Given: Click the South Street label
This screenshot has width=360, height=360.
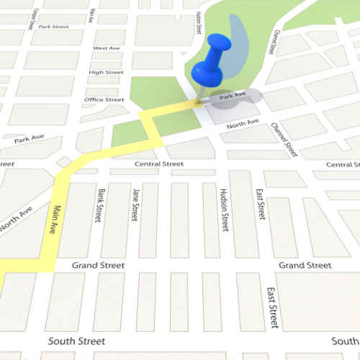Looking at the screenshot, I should coord(76,341).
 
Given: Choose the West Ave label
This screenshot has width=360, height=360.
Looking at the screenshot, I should coord(107,48).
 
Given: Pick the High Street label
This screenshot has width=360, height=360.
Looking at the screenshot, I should coord(106,73).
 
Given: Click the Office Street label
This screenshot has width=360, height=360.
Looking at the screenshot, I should coord(104,99).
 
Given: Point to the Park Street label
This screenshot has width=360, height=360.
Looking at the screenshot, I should coord(54,27).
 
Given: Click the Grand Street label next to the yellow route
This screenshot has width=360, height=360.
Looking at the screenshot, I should coord(98,266).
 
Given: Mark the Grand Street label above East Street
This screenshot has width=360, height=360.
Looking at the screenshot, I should coord(305,266).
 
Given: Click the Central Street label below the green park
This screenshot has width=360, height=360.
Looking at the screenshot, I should coord(159,164).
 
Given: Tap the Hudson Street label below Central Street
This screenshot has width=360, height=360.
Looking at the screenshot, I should coord(224,210).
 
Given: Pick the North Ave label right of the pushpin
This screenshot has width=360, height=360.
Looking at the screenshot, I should coord(242,125).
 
